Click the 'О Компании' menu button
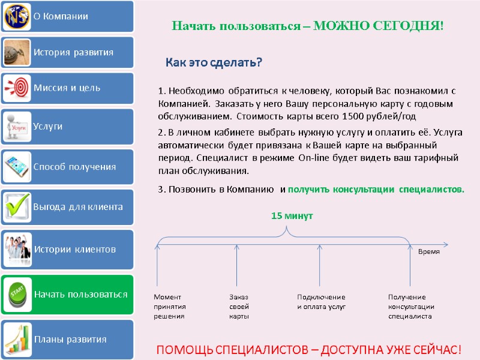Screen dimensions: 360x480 (67, 16)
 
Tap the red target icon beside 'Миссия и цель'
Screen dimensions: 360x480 (17, 88)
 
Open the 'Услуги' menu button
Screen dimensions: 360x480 (67, 127)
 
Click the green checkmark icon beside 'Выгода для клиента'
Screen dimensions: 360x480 (17, 207)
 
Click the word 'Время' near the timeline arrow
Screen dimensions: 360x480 (428, 252)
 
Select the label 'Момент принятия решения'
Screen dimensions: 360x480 (169, 307)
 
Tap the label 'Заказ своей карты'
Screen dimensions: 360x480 (239, 307)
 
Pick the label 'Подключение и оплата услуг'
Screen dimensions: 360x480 (322, 302)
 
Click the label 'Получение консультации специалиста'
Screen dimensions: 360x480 (411, 307)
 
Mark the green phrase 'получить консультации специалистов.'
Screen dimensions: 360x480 (376, 190)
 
